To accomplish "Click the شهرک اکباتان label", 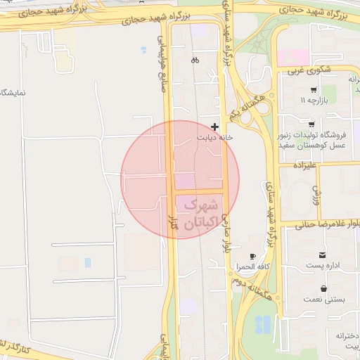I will [201, 214].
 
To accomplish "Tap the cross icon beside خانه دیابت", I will [214, 127].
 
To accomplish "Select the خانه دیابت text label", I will [218, 138].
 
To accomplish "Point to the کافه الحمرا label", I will [254, 268].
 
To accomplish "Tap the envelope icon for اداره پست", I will [322, 255].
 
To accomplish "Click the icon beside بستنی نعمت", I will [323, 288].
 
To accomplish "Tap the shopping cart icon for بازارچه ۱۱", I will [313, 89].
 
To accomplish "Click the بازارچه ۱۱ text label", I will [314, 101].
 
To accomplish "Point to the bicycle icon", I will [195, 60].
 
